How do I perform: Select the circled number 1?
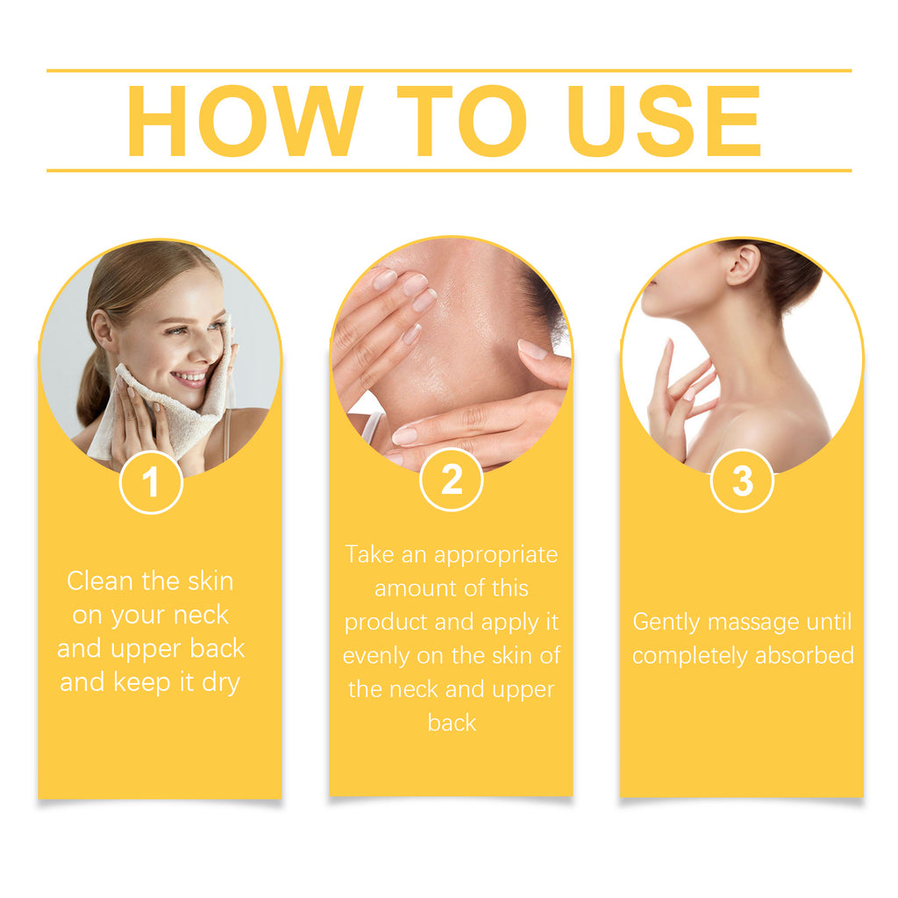pyautogui.click(x=151, y=482)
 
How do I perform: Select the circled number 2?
pyautogui.click(x=451, y=480)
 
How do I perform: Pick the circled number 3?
pyautogui.click(x=742, y=481)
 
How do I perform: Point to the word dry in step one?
pyautogui.click(x=220, y=682)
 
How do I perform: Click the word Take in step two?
pyautogui.click(x=369, y=554)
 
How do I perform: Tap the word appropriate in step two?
pyautogui.click(x=495, y=555)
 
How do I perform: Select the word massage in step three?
pyautogui.click(x=755, y=623)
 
